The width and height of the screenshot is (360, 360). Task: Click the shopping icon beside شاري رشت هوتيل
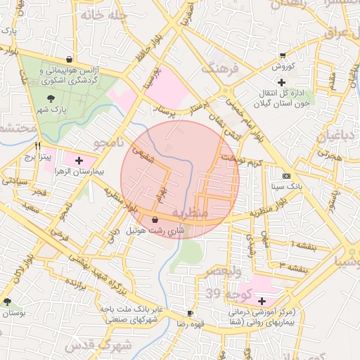pos(155,220)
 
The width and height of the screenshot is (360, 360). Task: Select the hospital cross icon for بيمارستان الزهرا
pos(79,161)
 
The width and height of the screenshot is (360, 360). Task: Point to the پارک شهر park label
pos(51,111)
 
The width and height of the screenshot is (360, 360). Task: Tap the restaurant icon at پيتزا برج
pos(38,146)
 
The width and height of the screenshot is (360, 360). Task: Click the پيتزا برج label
pos(33,157)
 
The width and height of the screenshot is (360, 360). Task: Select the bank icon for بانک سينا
pos(285,175)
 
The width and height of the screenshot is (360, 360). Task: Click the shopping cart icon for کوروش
pos(283,56)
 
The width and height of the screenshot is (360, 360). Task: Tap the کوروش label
pos(283,67)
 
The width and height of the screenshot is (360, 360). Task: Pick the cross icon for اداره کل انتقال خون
pos(281,82)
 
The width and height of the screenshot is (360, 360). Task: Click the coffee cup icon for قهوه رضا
pos(190,312)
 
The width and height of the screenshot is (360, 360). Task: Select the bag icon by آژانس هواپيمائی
pos(68,59)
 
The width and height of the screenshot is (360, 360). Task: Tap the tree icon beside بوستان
pos(7,302)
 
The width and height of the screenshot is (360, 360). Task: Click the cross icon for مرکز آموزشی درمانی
pos(262,301)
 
